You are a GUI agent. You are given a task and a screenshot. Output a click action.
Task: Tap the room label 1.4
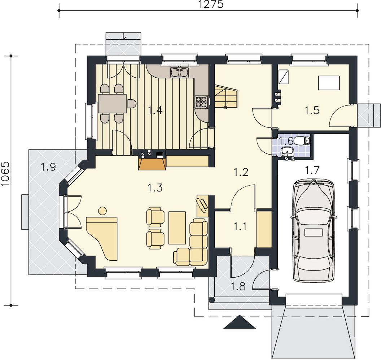[155, 111]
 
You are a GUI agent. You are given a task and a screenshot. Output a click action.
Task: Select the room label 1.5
[312, 111]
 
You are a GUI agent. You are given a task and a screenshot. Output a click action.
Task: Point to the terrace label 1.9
[48, 167]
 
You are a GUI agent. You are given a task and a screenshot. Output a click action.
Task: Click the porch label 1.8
[238, 287]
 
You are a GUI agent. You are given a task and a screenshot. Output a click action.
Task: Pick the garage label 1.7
[312, 170]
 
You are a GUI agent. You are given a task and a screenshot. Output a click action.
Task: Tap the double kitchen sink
[180, 72]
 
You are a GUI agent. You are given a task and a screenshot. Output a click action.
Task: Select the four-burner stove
[201, 102]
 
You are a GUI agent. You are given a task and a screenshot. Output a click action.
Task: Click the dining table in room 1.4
[112, 104]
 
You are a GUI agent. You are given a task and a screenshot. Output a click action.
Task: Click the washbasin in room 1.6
[287, 152]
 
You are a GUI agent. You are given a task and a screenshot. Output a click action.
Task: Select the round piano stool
[102, 211]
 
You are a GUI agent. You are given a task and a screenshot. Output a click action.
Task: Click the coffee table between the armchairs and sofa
[177, 228]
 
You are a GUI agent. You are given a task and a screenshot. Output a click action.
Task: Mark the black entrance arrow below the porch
[240, 322]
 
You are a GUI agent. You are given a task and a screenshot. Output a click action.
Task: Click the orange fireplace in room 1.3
[152, 164]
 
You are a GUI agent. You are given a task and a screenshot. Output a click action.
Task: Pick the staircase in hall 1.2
[226, 96]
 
